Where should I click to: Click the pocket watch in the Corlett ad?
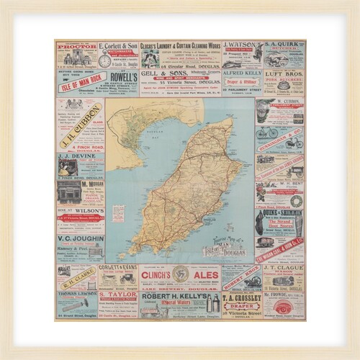(x=105, y=60)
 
